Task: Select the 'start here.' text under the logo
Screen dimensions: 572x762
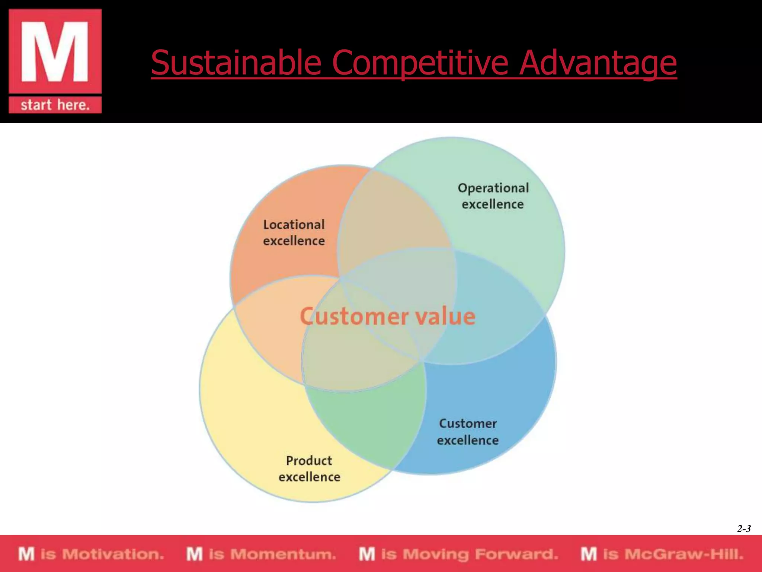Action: [x=55, y=105]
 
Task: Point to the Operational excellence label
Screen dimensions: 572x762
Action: [x=493, y=196]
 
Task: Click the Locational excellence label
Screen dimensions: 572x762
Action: [x=294, y=233]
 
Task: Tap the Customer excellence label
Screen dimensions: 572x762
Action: [x=468, y=432]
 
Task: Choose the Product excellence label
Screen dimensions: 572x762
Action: [x=309, y=469]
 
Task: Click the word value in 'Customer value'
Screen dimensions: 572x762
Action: [x=445, y=317]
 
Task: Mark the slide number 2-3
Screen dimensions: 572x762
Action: [x=743, y=529]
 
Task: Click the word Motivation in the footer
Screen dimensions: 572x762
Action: [x=113, y=554]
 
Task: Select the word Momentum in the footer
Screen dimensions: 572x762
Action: [x=283, y=554]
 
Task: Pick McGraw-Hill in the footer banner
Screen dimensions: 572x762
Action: [x=684, y=554]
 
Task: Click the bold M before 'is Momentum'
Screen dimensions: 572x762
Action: [x=195, y=554]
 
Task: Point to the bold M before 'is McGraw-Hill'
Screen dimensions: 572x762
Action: [x=589, y=554]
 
